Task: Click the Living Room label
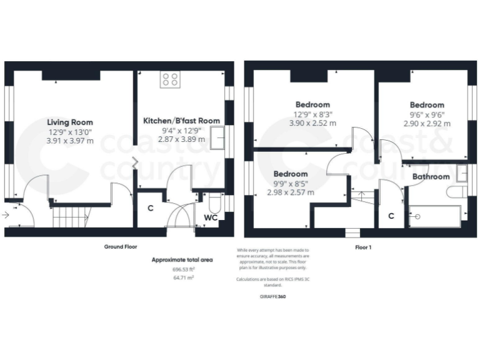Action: click(70, 122)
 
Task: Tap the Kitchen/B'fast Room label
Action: click(181, 121)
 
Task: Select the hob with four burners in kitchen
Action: click(170, 79)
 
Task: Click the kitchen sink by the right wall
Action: click(218, 137)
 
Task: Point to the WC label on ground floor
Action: click(211, 219)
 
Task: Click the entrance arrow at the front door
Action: click(6, 214)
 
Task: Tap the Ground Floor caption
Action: click(120, 247)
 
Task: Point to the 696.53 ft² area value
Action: click(183, 269)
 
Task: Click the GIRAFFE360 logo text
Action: click(272, 296)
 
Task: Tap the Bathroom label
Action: click(431, 177)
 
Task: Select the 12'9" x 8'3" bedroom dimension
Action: click(314, 114)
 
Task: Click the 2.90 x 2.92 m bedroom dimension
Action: click(426, 124)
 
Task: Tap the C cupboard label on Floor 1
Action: click(391, 216)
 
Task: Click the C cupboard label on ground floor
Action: click(150, 207)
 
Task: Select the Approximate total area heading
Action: click(183, 259)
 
